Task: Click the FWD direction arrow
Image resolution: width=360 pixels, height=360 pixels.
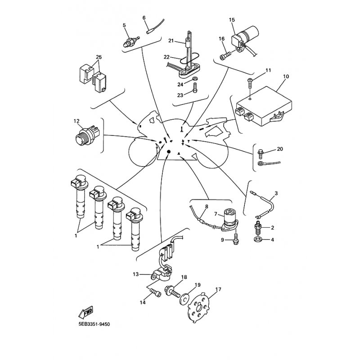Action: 85,311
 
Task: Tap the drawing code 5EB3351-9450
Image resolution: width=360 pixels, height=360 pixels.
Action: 94,324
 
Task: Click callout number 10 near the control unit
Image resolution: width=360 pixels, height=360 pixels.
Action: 286,76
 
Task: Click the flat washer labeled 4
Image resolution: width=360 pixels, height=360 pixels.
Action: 257,239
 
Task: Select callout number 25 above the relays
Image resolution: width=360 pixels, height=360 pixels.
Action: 99,57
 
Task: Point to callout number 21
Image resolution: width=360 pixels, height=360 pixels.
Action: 171,41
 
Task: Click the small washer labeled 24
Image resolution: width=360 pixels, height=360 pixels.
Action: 195,79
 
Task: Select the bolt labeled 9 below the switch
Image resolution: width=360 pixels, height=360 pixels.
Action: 235,239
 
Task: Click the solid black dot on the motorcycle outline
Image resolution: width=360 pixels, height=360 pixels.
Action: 169,152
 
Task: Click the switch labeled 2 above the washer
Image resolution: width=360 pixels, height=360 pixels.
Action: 258,228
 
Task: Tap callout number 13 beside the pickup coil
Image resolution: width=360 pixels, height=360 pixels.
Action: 136,274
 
